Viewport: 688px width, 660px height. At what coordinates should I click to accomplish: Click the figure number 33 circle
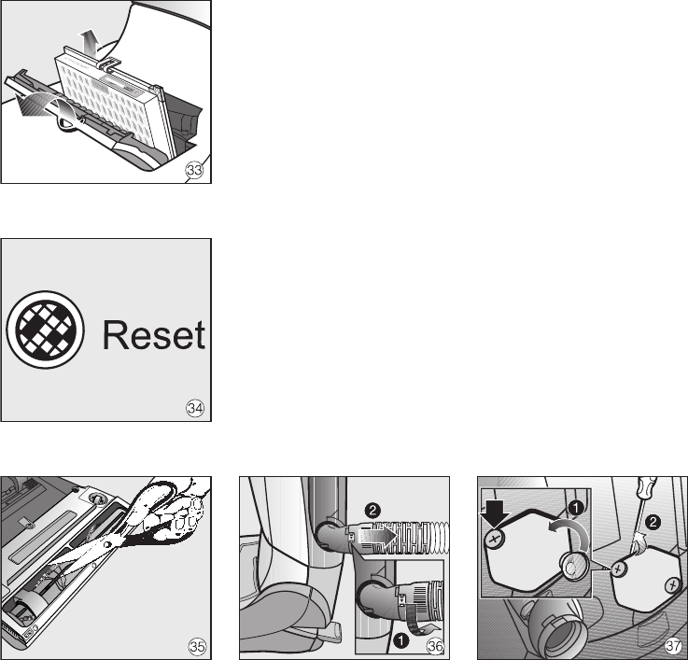click(194, 170)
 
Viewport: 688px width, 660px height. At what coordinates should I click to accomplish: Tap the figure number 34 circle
click(195, 409)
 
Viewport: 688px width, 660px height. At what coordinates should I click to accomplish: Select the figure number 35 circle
click(197, 646)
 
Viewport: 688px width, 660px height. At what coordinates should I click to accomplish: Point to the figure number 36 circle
click(435, 646)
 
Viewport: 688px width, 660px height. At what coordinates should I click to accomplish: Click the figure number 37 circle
click(673, 646)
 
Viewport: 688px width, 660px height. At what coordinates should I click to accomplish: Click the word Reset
click(154, 335)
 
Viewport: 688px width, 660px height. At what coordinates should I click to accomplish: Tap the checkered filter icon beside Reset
click(45, 330)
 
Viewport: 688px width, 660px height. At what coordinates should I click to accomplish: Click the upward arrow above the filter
click(89, 43)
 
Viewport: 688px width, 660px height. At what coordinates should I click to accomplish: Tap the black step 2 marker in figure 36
click(372, 511)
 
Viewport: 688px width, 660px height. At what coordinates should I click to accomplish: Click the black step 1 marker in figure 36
click(401, 640)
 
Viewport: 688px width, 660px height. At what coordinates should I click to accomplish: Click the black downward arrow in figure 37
click(494, 513)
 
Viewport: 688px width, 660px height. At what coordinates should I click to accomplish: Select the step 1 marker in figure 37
click(575, 508)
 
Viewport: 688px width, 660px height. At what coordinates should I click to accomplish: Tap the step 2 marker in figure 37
click(653, 522)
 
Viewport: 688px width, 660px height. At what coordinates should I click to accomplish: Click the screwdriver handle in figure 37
click(647, 488)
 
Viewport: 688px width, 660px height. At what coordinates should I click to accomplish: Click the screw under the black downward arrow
click(495, 539)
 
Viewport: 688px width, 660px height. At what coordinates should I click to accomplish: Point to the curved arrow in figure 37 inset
click(569, 532)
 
